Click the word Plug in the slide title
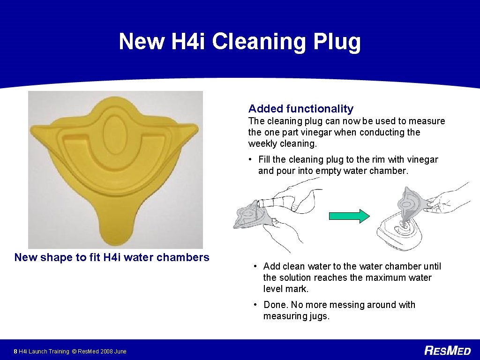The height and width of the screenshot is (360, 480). [x=337, y=42]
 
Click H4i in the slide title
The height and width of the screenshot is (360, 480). [x=188, y=41]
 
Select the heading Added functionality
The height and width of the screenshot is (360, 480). [x=300, y=109]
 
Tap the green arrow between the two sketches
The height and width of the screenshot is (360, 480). [x=349, y=216]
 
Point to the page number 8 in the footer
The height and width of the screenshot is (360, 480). [x=16, y=351]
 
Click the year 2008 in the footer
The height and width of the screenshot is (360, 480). [x=105, y=351]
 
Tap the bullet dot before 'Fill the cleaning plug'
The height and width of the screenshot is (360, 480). [x=251, y=159]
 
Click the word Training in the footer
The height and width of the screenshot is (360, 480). [x=58, y=351]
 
